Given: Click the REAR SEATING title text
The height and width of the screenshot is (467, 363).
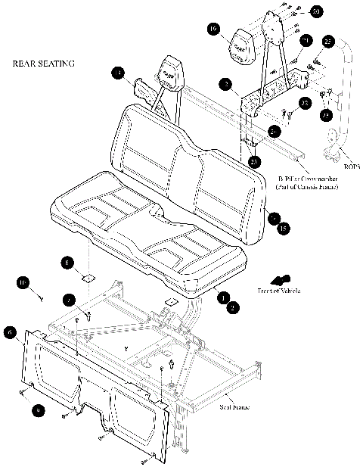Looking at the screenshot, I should click(x=44, y=64).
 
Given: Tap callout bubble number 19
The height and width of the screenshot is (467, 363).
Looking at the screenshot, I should click(x=214, y=30).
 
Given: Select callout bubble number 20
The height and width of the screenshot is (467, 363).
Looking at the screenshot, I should click(x=316, y=11).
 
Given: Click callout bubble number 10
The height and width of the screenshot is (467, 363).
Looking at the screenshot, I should click(x=23, y=283).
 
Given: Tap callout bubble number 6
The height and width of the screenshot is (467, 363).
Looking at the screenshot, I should click(x=10, y=332).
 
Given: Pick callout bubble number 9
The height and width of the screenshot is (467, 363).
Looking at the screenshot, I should click(x=37, y=409).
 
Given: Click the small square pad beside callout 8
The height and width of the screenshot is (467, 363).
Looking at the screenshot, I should click(x=87, y=279).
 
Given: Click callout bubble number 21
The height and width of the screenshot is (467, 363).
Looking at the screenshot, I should click(x=306, y=39).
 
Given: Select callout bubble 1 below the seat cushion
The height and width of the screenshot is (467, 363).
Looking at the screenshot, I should click(x=223, y=298).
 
